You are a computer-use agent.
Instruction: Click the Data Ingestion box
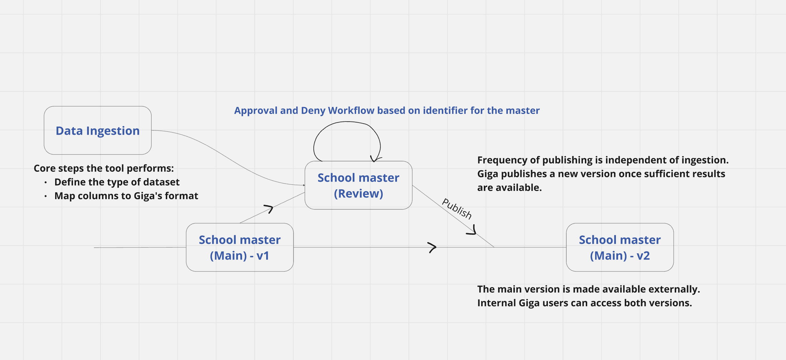(98, 130)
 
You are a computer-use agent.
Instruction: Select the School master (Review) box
(358, 185)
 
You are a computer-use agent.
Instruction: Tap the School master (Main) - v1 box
(240, 247)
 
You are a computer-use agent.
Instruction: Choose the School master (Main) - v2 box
(620, 247)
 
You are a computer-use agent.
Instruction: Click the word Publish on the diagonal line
(457, 208)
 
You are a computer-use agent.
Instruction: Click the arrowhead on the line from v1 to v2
(433, 247)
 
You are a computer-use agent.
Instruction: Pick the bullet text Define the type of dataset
(117, 182)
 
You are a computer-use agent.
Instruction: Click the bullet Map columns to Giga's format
(126, 196)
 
